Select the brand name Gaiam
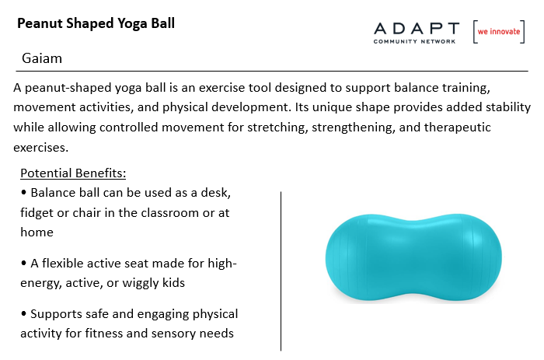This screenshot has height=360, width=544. point(42,58)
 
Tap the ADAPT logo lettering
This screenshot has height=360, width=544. point(417,29)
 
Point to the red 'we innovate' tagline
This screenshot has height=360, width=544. point(499,32)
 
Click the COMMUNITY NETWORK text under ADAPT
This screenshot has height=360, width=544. point(414,41)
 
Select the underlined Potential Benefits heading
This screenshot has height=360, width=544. point(73,173)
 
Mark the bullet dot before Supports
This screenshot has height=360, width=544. point(23,314)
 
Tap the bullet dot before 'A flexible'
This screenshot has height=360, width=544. point(23,263)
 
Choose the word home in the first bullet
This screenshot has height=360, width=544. point(37,232)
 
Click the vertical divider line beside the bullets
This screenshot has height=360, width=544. point(281,271)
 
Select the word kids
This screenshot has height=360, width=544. point(174,282)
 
